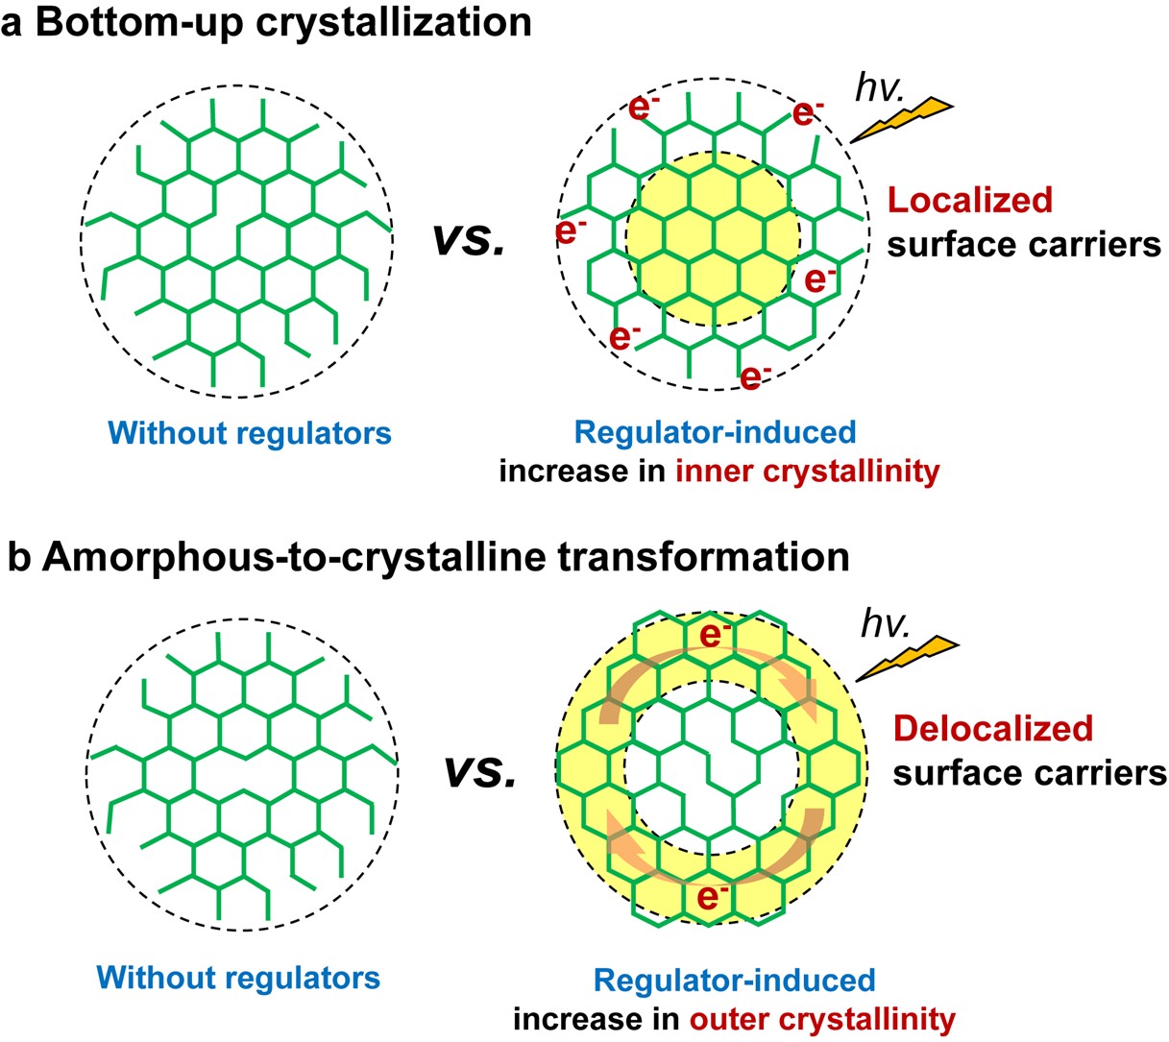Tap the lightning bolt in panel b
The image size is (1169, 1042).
[907, 657]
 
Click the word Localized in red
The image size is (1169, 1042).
[969, 200]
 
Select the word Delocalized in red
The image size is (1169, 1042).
[993, 728]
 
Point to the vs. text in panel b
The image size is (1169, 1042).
[479, 770]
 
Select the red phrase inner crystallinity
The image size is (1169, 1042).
[807, 471]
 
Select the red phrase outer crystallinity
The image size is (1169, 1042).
[820, 1018]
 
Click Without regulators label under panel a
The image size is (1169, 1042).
[251, 433]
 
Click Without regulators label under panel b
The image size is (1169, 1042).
[238, 978]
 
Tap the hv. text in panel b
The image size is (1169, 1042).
[885, 623]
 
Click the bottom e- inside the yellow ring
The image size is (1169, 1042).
[712, 898]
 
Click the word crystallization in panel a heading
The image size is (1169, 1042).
[397, 21]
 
